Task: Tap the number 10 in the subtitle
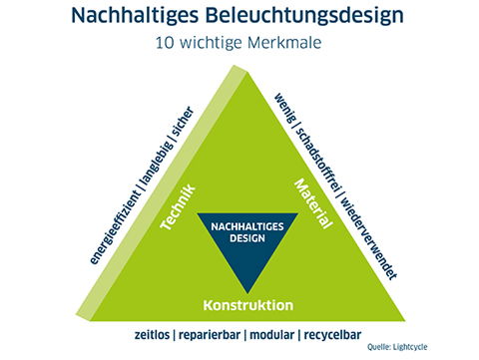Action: point(165,45)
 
